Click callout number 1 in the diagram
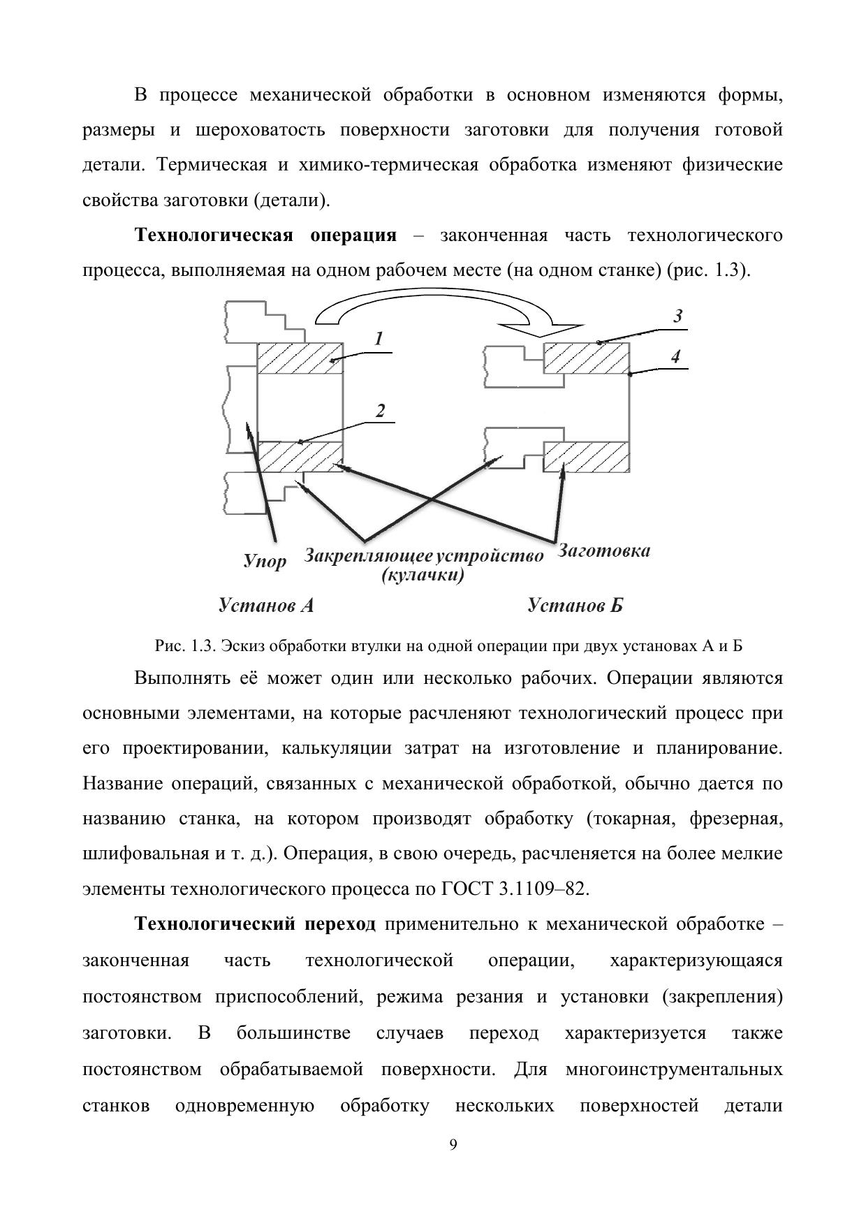click(379, 340)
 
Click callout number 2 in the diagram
click(380, 411)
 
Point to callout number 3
click(677, 316)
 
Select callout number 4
click(675, 357)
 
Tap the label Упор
click(265, 561)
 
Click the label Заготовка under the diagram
click(604, 551)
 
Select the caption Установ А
click(265, 605)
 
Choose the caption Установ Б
click(575, 605)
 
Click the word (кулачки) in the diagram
click(423, 576)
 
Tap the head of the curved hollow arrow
click(542, 328)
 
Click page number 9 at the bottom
click(453, 1144)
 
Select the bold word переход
click(340, 924)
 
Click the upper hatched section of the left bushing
click(300, 358)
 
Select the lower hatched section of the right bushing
click(587, 457)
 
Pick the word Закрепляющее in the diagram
click(367, 556)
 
